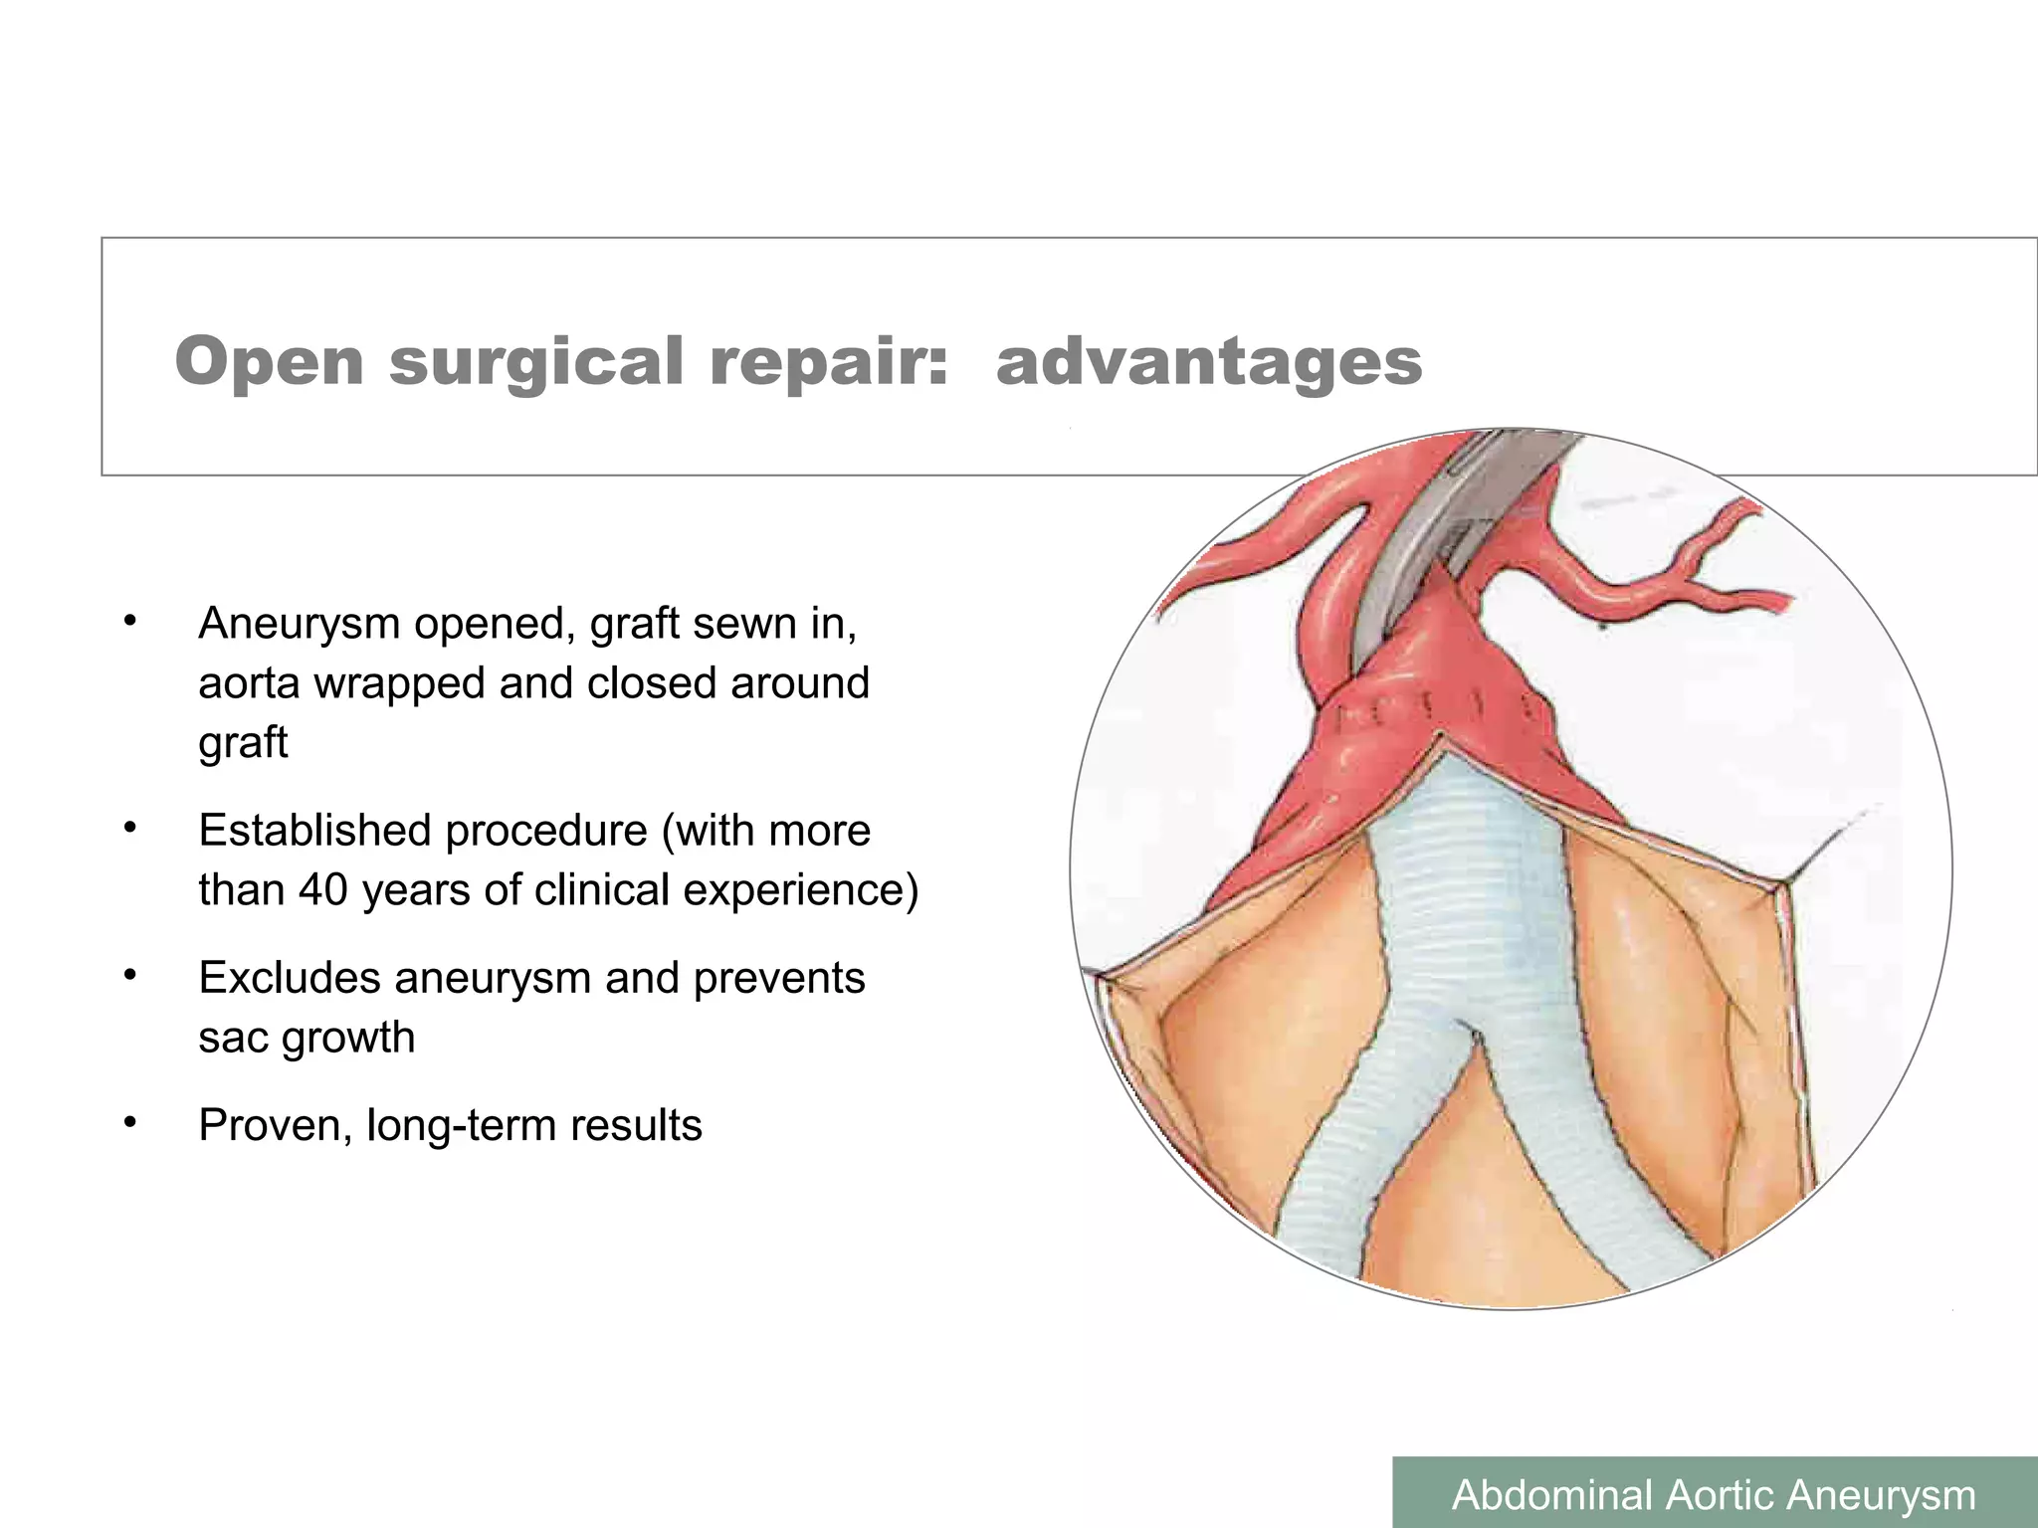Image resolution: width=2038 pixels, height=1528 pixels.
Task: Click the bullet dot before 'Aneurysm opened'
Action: pos(128,622)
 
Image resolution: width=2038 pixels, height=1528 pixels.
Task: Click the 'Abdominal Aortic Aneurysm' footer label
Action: pos(1714,1494)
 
